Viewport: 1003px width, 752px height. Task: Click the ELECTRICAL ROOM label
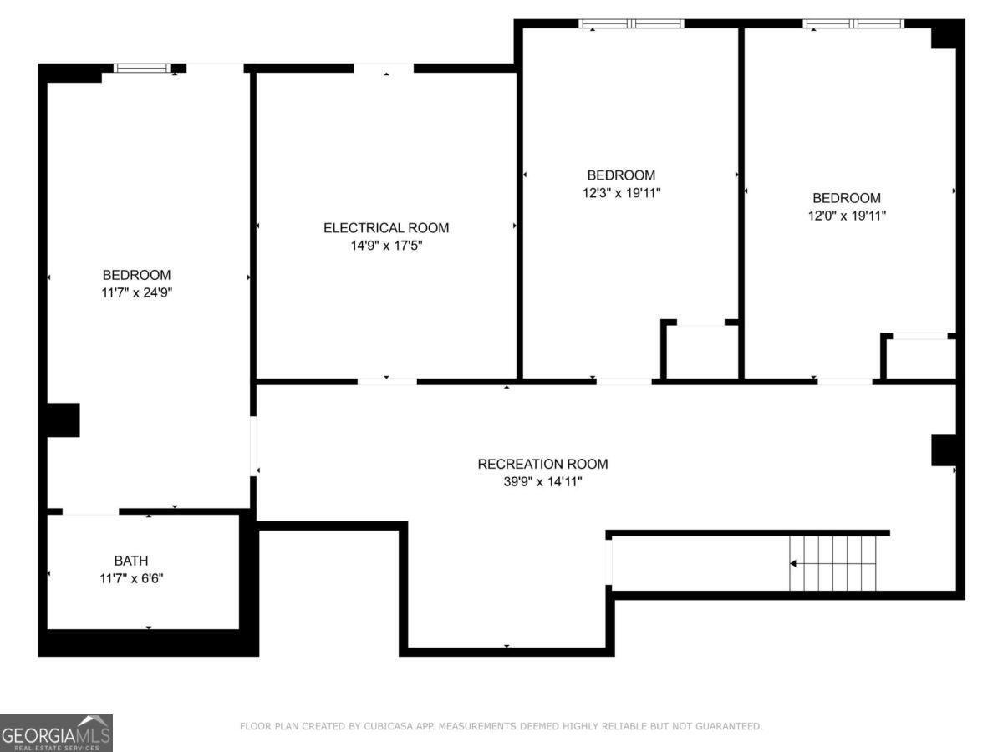pyautogui.click(x=386, y=228)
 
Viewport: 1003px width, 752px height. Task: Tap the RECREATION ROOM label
pyautogui.click(x=542, y=464)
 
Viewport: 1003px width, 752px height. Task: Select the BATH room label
pyautogui.click(x=131, y=561)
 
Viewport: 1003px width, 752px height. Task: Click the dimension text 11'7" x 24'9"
pyautogui.click(x=136, y=292)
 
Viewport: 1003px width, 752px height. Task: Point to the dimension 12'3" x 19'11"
pyautogui.click(x=621, y=193)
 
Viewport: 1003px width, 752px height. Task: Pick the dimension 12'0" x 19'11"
pyautogui.click(x=847, y=216)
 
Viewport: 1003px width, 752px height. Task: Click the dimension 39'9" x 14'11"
pyautogui.click(x=542, y=481)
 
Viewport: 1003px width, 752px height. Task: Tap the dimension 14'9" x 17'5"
pyautogui.click(x=386, y=246)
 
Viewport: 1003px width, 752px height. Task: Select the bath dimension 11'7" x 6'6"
pyautogui.click(x=131, y=577)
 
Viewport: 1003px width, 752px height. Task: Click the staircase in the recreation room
pyautogui.click(x=833, y=563)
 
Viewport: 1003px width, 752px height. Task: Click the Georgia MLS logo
pyautogui.click(x=56, y=733)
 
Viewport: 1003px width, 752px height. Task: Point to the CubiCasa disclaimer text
pyautogui.click(x=501, y=727)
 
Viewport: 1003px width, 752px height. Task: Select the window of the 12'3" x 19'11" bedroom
pyautogui.click(x=632, y=23)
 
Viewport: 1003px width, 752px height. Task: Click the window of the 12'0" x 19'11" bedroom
pyautogui.click(x=853, y=23)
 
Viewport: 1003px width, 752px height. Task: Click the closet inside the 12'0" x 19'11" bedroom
pyautogui.click(x=920, y=358)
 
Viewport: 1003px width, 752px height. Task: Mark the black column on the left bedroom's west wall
pyautogui.click(x=62, y=419)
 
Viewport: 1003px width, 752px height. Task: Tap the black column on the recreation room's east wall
pyautogui.click(x=944, y=450)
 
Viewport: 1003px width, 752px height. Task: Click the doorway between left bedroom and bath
pyautogui.click(x=90, y=511)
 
